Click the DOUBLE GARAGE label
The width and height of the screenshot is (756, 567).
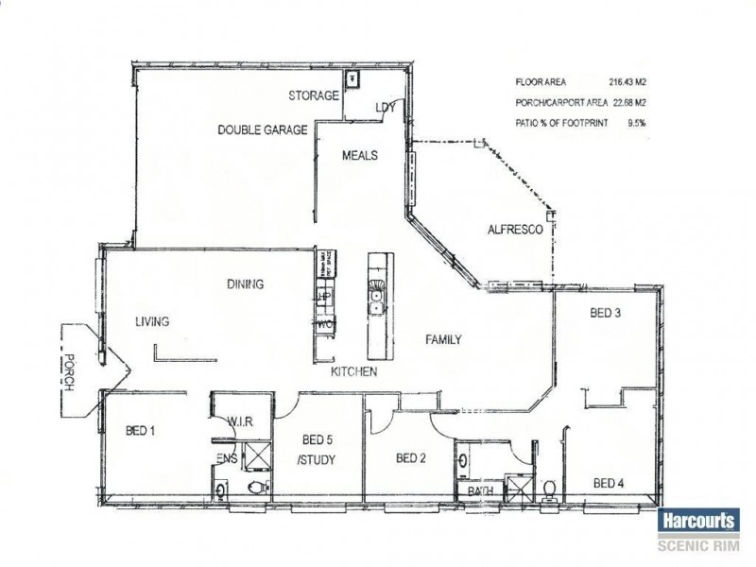[263, 130]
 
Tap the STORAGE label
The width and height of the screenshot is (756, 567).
[314, 96]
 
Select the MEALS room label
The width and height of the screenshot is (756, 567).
[360, 156]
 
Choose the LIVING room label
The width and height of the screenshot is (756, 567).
[151, 322]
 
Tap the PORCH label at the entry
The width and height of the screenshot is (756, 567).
[68, 374]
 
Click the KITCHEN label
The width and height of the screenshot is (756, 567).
[354, 372]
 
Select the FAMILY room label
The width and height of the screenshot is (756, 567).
[442, 340]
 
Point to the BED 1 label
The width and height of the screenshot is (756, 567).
[140, 432]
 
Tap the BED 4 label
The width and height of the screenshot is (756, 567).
[608, 484]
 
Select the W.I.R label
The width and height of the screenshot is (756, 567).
[237, 421]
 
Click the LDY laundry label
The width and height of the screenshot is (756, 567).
[385, 107]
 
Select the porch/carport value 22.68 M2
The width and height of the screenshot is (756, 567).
[633, 102]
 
